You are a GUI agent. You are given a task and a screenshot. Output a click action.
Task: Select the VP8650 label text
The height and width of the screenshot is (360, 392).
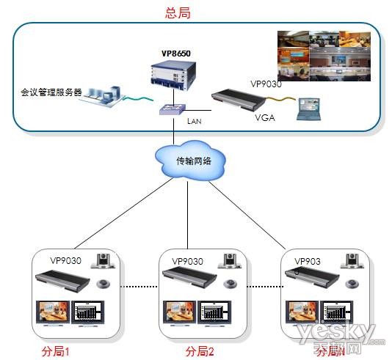[x=175, y=54]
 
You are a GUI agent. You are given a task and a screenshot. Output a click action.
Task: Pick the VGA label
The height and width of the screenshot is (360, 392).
[x=264, y=117]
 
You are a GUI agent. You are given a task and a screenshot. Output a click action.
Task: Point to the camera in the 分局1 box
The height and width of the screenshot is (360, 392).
[x=104, y=262]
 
